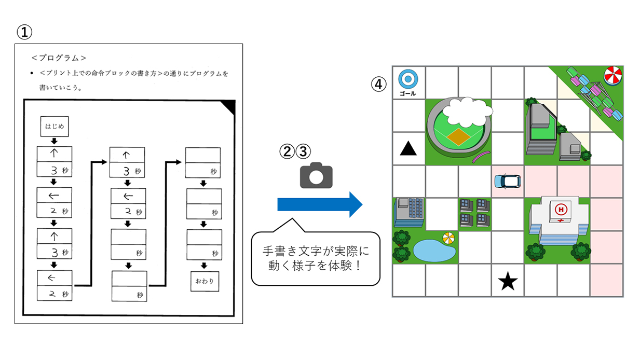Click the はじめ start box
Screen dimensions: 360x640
55,126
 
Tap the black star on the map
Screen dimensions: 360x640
508,282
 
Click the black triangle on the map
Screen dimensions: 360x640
408,149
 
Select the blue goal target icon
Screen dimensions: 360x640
408,79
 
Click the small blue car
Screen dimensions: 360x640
507,181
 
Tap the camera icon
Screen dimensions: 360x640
316,176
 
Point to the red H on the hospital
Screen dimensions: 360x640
561,210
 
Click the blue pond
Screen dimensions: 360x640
434,251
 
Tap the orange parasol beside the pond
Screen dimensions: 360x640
448,238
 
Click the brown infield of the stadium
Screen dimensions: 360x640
458,136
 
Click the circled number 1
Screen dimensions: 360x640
24,32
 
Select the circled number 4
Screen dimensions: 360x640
379,83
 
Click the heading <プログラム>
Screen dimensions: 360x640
59,58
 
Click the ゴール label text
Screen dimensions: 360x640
408,93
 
